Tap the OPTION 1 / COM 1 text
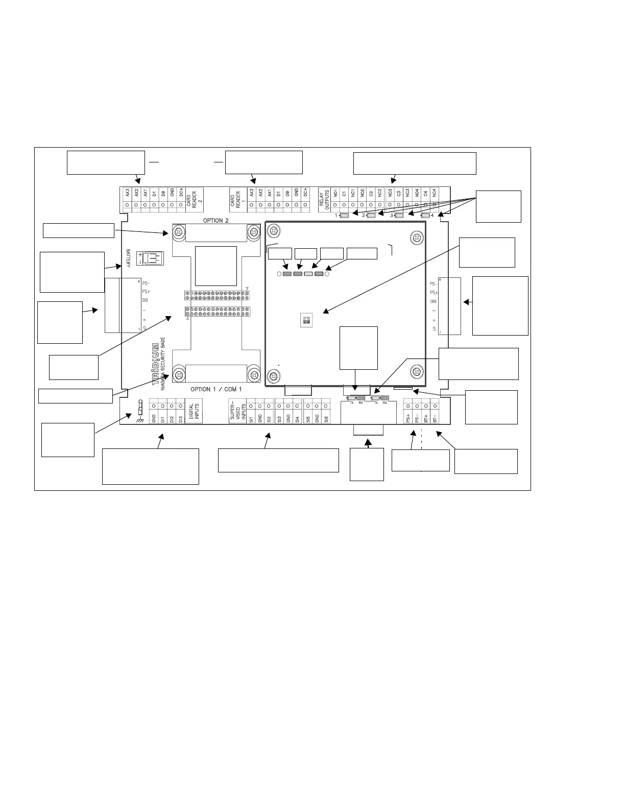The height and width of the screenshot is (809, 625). (216, 389)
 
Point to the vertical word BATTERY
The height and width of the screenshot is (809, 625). (129, 258)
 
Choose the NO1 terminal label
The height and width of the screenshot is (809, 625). (335, 195)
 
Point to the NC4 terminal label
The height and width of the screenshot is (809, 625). (435, 195)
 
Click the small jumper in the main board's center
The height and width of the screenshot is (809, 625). (305, 321)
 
